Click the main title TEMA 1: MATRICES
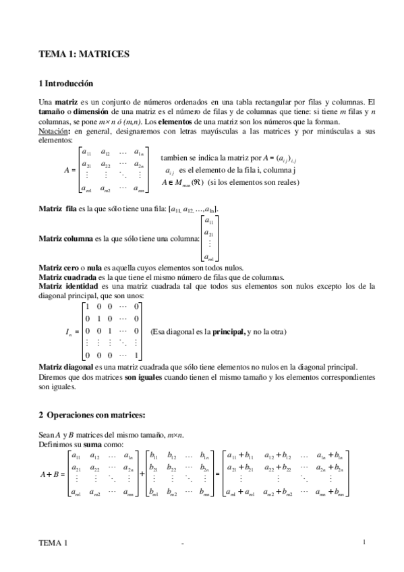(x=83, y=53)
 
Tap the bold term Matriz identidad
(x=68, y=286)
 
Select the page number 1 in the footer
(x=364, y=542)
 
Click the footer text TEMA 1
(x=53, y=543)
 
